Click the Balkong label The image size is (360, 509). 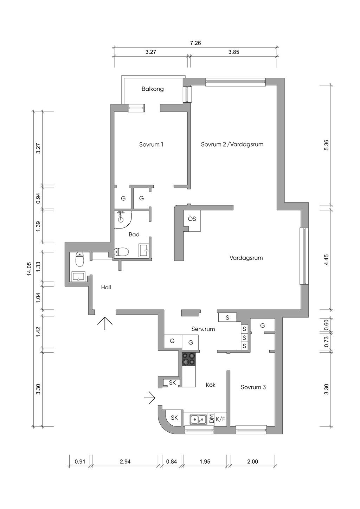click(x=153, y=89)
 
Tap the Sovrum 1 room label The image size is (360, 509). click(x=151, y=144)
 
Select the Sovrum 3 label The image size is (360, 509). click(x=253, y=387)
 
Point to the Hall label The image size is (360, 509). click(x=106, y=288)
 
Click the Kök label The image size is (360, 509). click(x=211, y=385)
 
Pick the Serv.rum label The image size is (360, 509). click(x=203, y=329)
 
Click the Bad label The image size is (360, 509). click(x=134, y=234)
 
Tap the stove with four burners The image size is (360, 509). click(x=188, y=359)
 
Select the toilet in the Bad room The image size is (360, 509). click(x=121, y=252)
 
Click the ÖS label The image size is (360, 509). click(x=192, y=219)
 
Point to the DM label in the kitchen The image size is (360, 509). click(x=212, y=419)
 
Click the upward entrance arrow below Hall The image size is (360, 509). click(x=105, y=323)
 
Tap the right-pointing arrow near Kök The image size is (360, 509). click(x=149, y=398)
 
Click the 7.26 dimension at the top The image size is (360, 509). click(x=195, y=43)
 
